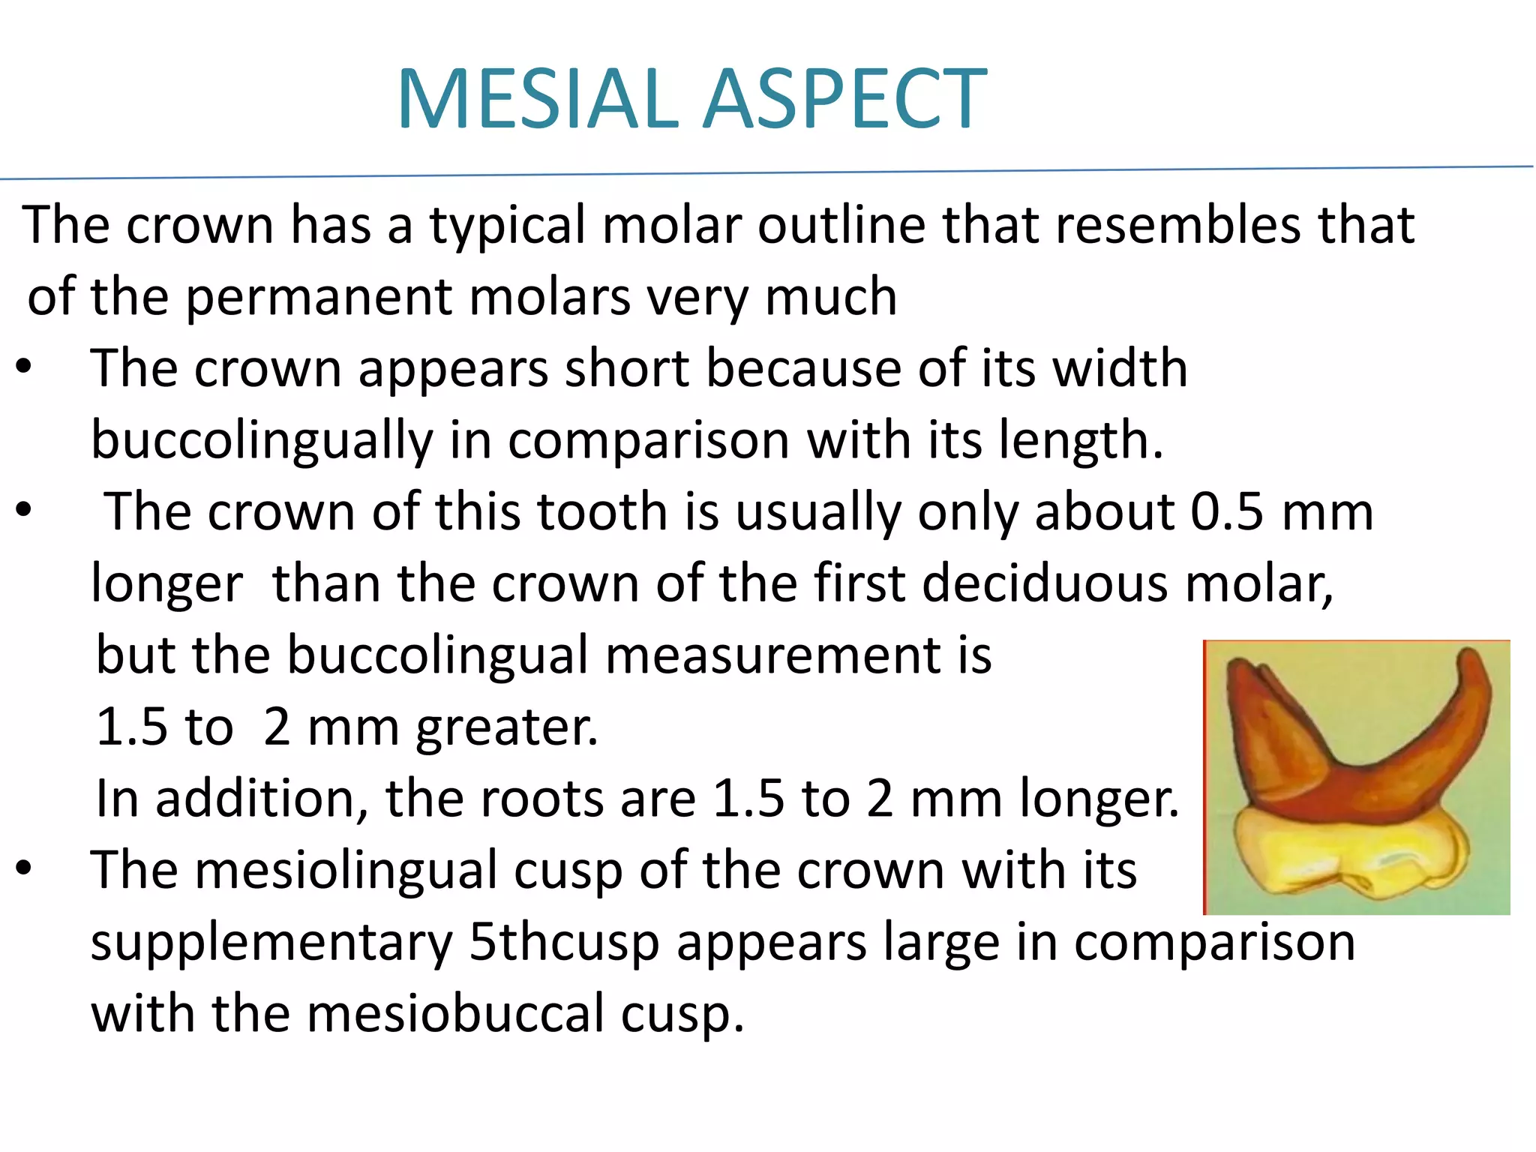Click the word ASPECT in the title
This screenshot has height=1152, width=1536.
coord(845,99)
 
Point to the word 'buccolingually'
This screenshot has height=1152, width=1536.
coord(262,441)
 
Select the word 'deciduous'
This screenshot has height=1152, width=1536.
coord(1044,583)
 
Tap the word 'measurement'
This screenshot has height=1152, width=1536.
coord(772,655)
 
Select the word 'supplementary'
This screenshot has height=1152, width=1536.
coord(271,943)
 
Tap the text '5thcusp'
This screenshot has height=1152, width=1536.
coord(563,943)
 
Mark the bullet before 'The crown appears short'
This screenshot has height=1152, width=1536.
coord(24,367)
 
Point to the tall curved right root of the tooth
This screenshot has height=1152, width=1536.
coord(1455,705)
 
